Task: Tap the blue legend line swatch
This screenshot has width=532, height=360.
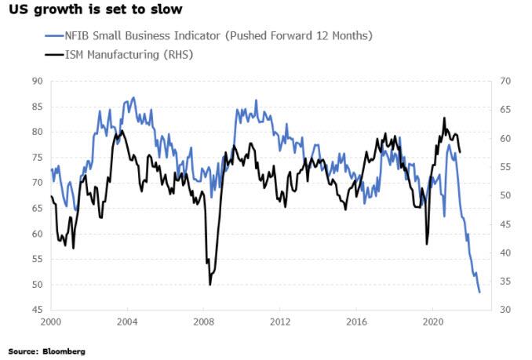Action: tap(54, 35)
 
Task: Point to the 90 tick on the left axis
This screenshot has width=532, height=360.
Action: tap(36, 81)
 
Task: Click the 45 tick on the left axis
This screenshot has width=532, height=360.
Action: tap(36, 310)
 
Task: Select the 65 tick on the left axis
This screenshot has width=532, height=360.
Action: tap(36, 208)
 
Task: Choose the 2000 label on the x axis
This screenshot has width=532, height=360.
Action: tap(51, 322)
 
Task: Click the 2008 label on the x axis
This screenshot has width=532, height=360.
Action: tap(204, 322)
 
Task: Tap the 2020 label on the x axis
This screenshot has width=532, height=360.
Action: tap(433, 322)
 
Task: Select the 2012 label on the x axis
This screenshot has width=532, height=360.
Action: tap(280, 322)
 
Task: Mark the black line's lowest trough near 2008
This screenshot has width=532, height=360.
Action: tap(210, 285)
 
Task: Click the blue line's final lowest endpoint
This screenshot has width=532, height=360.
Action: tap(479, 293)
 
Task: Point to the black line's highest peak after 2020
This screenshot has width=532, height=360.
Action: tap(444, 118)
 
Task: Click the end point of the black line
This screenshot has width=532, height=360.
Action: tap(460, 152)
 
